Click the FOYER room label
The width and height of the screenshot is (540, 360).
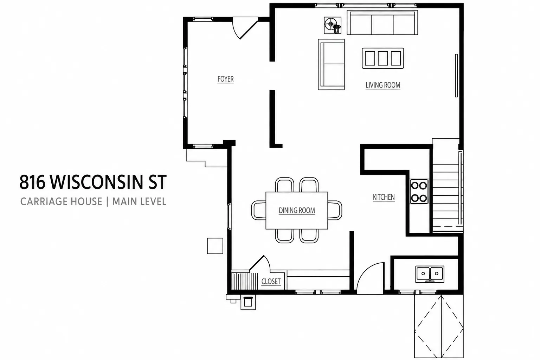click(225, 79)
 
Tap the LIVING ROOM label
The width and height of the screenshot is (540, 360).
click(383, 85)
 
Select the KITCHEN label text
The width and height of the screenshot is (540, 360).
click(384, 197)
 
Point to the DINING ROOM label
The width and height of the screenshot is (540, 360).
click(297, 211)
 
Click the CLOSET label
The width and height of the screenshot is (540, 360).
click(271, 281)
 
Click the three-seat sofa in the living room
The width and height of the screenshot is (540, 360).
click(382, 22)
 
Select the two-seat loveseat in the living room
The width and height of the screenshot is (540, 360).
click(331, 64)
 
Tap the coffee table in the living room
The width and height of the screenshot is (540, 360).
click(383, 58)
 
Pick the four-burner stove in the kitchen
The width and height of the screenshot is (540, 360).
click(419, 192)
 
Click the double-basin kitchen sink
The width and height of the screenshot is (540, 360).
click(430, 274)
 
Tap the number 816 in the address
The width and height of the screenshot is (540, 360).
click(32, 182)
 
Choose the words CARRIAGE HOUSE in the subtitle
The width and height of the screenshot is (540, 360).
click(61, 201)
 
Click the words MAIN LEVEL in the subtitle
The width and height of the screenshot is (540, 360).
click(139, 201)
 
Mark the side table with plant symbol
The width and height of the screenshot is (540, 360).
click(333, 25)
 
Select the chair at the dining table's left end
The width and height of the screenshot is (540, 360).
click(259, 210)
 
